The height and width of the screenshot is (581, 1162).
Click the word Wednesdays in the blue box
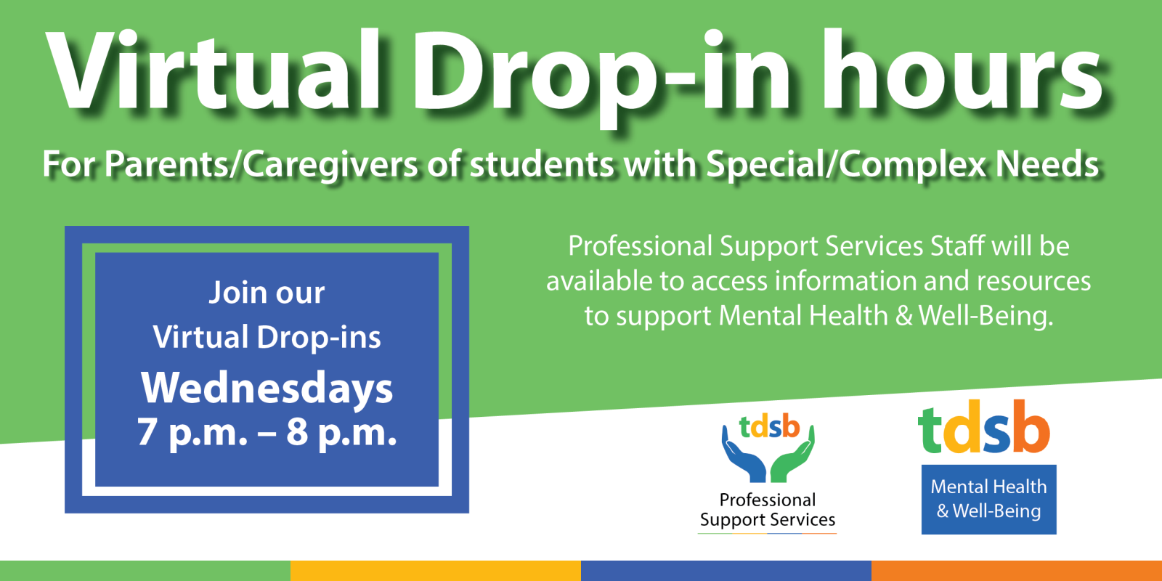[x=267, y=389]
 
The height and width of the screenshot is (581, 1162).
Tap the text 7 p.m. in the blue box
[x=192, y=433]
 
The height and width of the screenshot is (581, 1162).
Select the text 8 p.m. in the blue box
[x=341, y=433]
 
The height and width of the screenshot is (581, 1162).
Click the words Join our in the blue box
[x=267, y=293]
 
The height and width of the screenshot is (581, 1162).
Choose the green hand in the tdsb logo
[x=792, y=457]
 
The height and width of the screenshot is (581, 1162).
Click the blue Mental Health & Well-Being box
[x=988, y=500]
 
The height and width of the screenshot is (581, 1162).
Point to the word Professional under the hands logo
[x=768, y=500]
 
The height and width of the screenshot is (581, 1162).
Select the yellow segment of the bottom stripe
[x=436, y=571]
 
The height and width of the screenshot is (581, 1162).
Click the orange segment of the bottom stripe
[x=1017, y=571]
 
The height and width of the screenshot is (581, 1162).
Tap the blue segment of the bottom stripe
[x=726, y=571]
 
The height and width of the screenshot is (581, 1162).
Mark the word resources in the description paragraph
[x=1034, y=282]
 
